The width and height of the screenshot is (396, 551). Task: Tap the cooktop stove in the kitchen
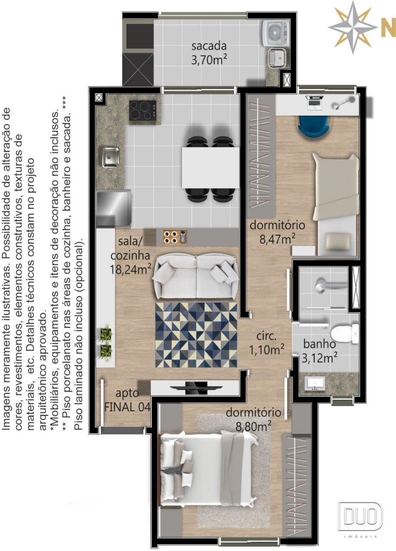(143, 110)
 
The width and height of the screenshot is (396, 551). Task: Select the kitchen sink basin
(111, 156)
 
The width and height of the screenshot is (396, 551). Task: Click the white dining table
(210, 167)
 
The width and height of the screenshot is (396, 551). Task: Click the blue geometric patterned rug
(196, 335)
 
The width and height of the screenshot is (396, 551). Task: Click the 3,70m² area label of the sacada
(209, 60)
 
